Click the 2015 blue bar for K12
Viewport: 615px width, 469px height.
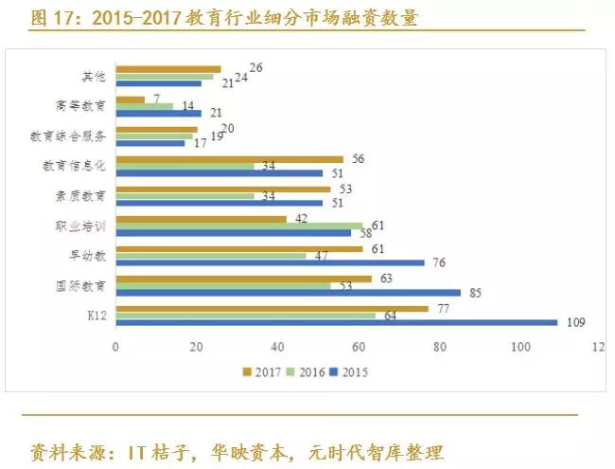(336, 322)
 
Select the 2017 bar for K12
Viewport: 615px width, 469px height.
(272, 308)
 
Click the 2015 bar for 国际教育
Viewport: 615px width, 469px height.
(288, 292)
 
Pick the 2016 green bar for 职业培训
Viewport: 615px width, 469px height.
(238, 225)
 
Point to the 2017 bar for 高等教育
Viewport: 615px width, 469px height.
(130, 99)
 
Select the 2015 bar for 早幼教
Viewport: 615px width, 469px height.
(270, 262)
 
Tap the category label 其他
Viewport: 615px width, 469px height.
(93, 76)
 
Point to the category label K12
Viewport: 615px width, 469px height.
(95, 315)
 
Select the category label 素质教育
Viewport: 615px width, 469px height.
(81, 195)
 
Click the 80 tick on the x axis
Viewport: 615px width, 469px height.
(440, 347)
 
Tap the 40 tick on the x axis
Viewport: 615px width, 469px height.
(277, 347)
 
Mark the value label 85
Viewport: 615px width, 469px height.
(475, 293)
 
